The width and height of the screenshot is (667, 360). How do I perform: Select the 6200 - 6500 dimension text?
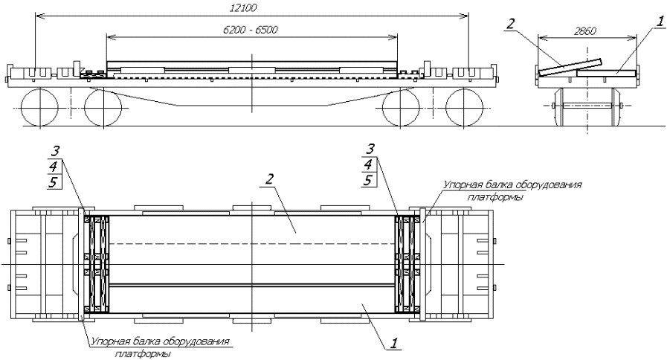[250, 30]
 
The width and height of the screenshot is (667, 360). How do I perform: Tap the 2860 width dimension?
[586, 31]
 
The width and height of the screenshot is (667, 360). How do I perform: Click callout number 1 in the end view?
[660, 20]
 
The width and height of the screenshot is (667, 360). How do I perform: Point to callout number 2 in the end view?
[510, 23]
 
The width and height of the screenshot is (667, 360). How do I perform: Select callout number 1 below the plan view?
[395, 342]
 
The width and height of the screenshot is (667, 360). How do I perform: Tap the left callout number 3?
[55, 150]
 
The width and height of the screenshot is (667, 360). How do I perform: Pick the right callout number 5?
[368, 180]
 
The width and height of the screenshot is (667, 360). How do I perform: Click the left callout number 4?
[55, 166]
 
